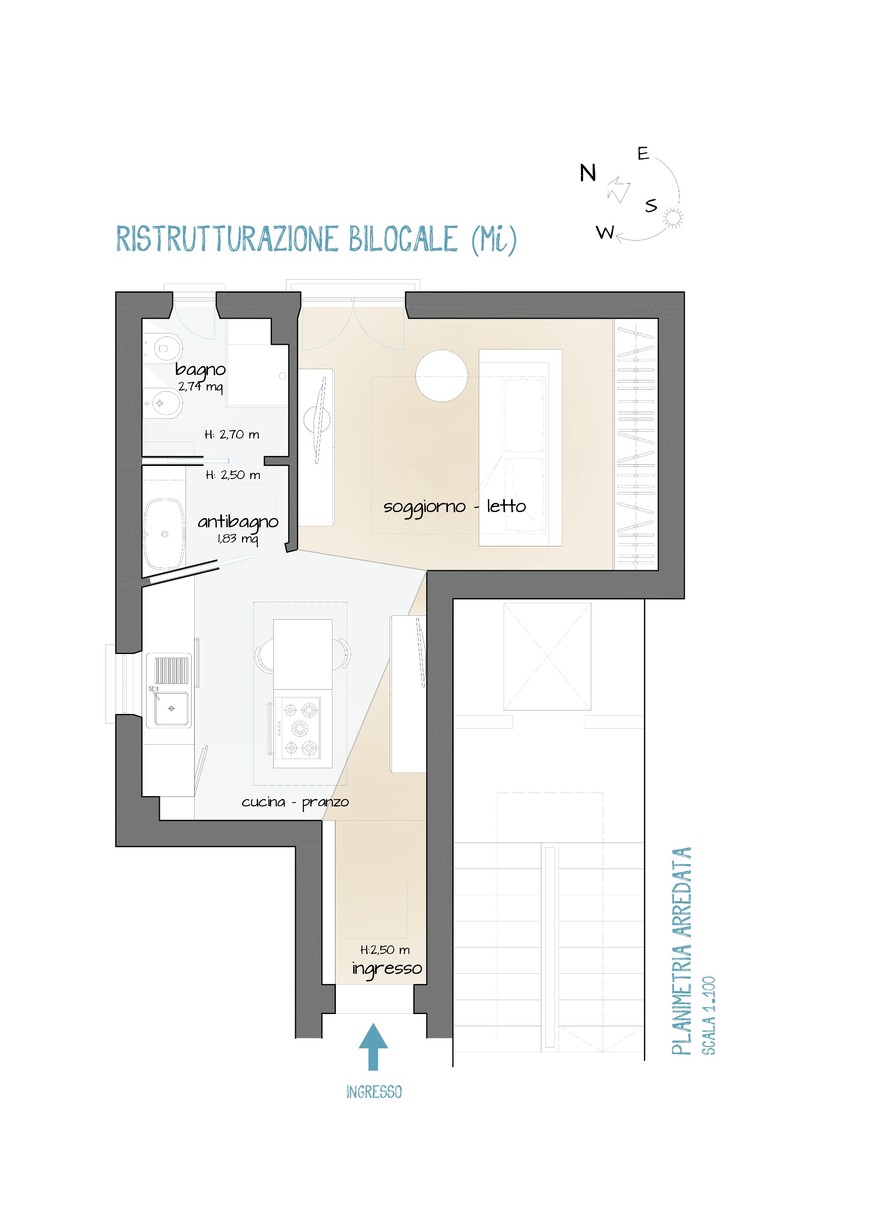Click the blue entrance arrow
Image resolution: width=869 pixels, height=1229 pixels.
pos(373,1045)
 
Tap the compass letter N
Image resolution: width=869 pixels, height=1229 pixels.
pos(587,173)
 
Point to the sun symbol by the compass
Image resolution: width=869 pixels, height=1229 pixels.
pos(673,218)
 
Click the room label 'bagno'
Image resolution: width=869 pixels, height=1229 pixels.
pos(200,369)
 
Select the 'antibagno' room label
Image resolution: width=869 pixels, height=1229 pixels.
pos(238,522)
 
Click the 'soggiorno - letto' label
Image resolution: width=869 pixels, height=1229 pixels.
pos(454,506)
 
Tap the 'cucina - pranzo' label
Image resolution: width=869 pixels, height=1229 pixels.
pos(295,802)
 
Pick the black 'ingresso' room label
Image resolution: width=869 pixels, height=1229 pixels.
pos(387,968)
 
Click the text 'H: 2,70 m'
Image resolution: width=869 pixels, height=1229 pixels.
pos(232,435)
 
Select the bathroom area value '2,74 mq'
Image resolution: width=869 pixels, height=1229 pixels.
pos(200,386)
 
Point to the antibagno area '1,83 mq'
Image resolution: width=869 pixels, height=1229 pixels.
pos(238,539)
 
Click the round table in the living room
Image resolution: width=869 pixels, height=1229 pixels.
pos(442,376)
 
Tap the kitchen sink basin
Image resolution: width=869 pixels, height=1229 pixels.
pos(171,708)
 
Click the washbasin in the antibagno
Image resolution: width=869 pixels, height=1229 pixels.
pos(164,534)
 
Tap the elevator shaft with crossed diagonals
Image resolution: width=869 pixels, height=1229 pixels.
pos(547,656)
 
